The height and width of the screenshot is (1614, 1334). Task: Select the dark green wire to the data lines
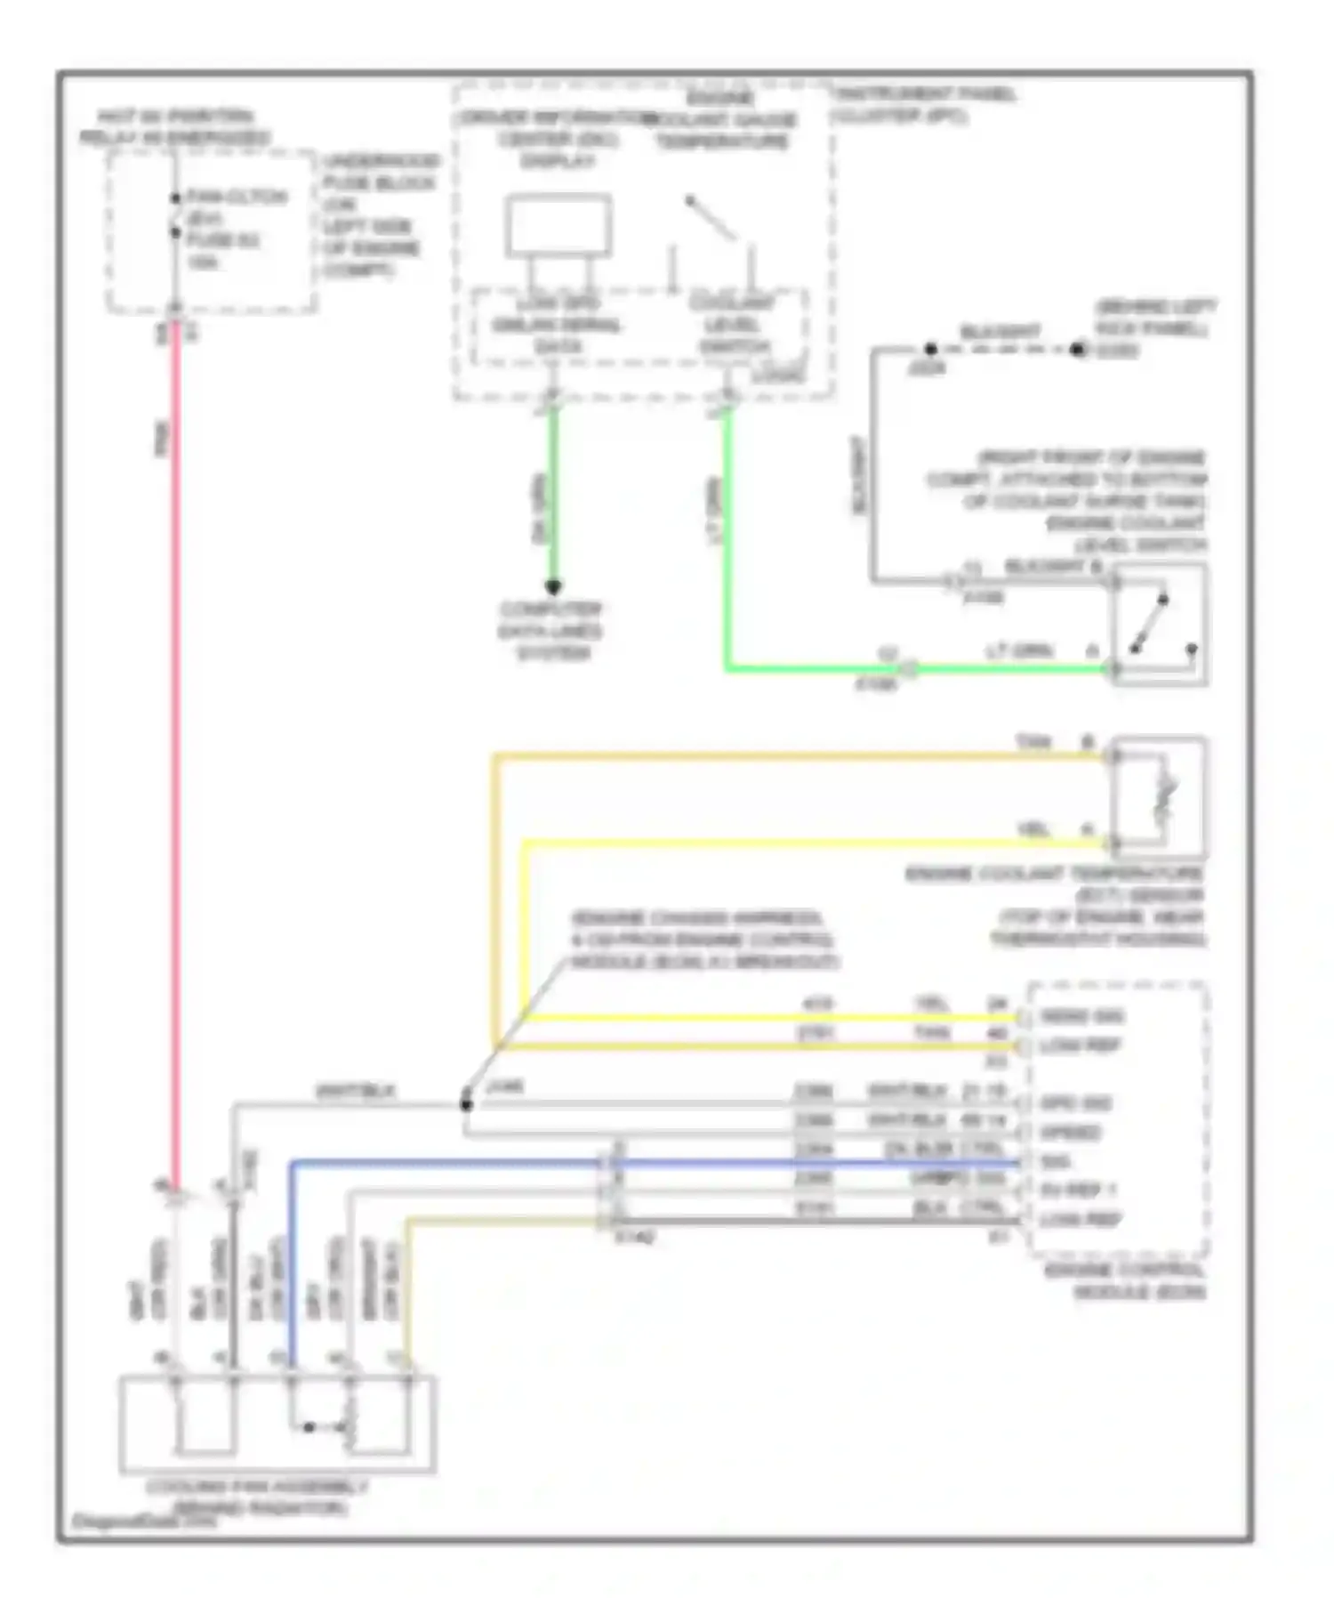coord(552,498)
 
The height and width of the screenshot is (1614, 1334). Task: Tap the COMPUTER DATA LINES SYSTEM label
coord(551,632)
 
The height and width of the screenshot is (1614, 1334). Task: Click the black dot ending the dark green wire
coord(552,586)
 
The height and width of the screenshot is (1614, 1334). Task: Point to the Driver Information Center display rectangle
coord(559,225)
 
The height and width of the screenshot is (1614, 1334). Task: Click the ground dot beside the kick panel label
coord(1078,350)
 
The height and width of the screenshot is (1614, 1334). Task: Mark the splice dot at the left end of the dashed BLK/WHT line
coord(930,349)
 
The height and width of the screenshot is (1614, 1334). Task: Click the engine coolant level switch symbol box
coord(1159,625)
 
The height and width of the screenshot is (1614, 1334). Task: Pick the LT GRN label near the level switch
coord(1019,651)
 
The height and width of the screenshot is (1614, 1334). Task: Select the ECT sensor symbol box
coord(1159,798)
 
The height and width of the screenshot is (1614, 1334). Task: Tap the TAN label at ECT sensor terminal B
coord(1033,742)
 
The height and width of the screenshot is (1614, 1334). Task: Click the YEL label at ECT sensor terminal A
coord(1033,830)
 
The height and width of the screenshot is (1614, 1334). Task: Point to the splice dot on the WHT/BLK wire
coord(466,1104)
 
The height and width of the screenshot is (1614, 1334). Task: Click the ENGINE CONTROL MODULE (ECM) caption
coord(1125,1281)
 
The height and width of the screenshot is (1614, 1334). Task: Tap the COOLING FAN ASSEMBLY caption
coord(257,1497)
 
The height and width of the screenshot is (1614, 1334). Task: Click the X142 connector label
coord(635,1238)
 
